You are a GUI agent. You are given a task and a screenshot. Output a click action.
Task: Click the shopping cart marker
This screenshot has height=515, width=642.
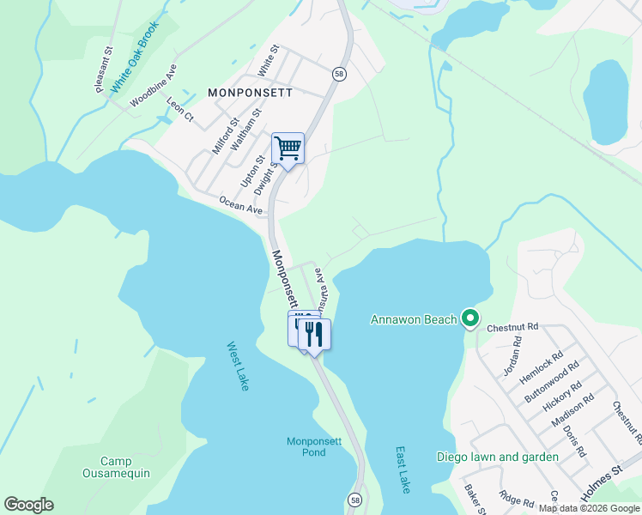pos(288,148)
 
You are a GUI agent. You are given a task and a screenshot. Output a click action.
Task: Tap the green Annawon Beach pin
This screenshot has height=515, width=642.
pos(469,319)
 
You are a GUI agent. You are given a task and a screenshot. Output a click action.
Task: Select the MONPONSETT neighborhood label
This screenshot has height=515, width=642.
pos(250,92)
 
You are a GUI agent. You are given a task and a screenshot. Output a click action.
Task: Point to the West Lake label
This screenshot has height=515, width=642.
pos(238,367)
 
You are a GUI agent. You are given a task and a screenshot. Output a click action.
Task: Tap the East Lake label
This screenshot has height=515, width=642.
pos(402,469)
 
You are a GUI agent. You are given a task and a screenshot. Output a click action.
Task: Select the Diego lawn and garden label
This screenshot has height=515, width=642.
pos(497,457)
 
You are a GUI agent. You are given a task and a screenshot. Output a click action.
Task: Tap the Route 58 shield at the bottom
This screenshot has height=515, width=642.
pos(354,499)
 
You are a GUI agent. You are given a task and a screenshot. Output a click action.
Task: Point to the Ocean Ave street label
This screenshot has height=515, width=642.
pos(240,204)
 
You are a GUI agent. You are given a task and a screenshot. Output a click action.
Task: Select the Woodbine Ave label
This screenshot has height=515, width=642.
pos(154,86)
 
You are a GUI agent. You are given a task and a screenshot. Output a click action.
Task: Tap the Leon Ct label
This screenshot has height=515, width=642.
pos(180,110)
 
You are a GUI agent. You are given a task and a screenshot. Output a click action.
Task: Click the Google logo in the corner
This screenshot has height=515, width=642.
pos(28,505)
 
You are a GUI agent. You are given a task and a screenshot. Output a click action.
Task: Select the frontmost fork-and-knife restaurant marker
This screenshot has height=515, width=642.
pos(314,334)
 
